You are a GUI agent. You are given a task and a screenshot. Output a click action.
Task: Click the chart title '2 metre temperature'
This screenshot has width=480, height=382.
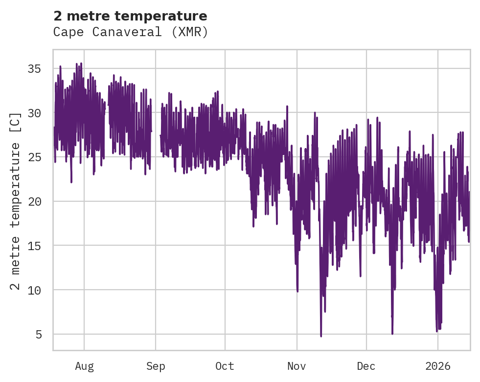click(130, 16)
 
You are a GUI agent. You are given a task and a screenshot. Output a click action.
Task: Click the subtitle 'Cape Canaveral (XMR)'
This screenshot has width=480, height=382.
click(131, 32)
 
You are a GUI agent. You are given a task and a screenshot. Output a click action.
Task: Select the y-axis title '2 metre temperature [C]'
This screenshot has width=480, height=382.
click(16, 200)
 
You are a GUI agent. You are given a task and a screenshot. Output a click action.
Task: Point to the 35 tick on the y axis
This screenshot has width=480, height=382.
click(34, 68)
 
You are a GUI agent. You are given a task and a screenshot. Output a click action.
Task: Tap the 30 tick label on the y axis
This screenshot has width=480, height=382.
click(34, 113)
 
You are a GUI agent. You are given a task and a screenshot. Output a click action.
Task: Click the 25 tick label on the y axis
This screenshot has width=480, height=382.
click(34, 157)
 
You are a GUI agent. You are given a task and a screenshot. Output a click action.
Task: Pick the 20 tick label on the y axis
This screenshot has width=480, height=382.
click(34, 201)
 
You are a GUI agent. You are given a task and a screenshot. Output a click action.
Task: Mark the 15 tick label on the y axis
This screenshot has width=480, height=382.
click(34, 246)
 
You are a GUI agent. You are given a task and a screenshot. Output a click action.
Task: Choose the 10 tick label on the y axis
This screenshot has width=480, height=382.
click(34, 290)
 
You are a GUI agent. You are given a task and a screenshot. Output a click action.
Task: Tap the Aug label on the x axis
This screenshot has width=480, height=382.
click(84, 366)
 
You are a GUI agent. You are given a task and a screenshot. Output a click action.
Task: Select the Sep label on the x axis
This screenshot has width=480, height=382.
click(156, 366)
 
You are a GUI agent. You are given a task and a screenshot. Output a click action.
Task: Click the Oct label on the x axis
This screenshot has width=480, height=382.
click(225, 366)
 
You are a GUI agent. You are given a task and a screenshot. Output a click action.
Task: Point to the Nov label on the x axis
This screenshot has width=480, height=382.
click(297, 366)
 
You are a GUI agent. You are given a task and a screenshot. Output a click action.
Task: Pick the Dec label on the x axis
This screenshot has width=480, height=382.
click(366, 366)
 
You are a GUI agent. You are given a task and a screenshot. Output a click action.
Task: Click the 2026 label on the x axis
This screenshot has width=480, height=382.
click(437, 366)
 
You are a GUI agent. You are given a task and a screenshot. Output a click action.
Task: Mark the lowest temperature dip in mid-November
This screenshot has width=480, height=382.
click(321, 335)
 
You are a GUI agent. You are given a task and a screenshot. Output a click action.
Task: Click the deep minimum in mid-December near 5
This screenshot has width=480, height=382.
click(392, 333)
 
